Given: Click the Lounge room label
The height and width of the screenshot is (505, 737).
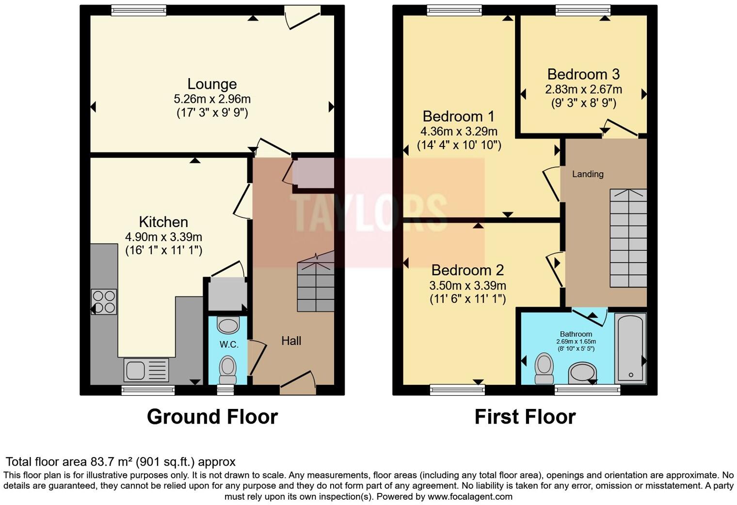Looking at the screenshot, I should coord(212,84).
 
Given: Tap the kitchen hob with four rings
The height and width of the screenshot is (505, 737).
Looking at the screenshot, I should coord(104,302).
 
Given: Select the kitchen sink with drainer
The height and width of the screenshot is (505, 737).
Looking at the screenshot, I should coord(146,370).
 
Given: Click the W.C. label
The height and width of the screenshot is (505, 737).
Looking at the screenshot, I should coord(229,344).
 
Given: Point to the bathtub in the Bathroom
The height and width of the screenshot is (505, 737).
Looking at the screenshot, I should coord(630,348).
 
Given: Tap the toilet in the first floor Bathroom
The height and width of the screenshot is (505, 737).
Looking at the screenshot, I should coord(544,368).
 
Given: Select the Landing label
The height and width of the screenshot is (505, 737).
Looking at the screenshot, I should coord(588,174).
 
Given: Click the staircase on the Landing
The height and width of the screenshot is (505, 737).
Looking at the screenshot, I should coord(628,238).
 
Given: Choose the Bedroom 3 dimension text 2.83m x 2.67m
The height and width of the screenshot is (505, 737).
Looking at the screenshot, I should coord(583,89).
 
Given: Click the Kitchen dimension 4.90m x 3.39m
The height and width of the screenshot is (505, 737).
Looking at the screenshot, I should coord(163,237).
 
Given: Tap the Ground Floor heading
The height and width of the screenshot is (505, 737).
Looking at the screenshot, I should coord(212,417).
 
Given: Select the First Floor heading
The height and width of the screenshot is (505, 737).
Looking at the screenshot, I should coord(525,417).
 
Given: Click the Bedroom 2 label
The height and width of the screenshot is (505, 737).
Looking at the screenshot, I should coord(467,270).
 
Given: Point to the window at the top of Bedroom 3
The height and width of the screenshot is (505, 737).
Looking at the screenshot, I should coord(583,10).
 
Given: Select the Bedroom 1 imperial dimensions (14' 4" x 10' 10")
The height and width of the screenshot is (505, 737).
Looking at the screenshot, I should coord(459,145).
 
